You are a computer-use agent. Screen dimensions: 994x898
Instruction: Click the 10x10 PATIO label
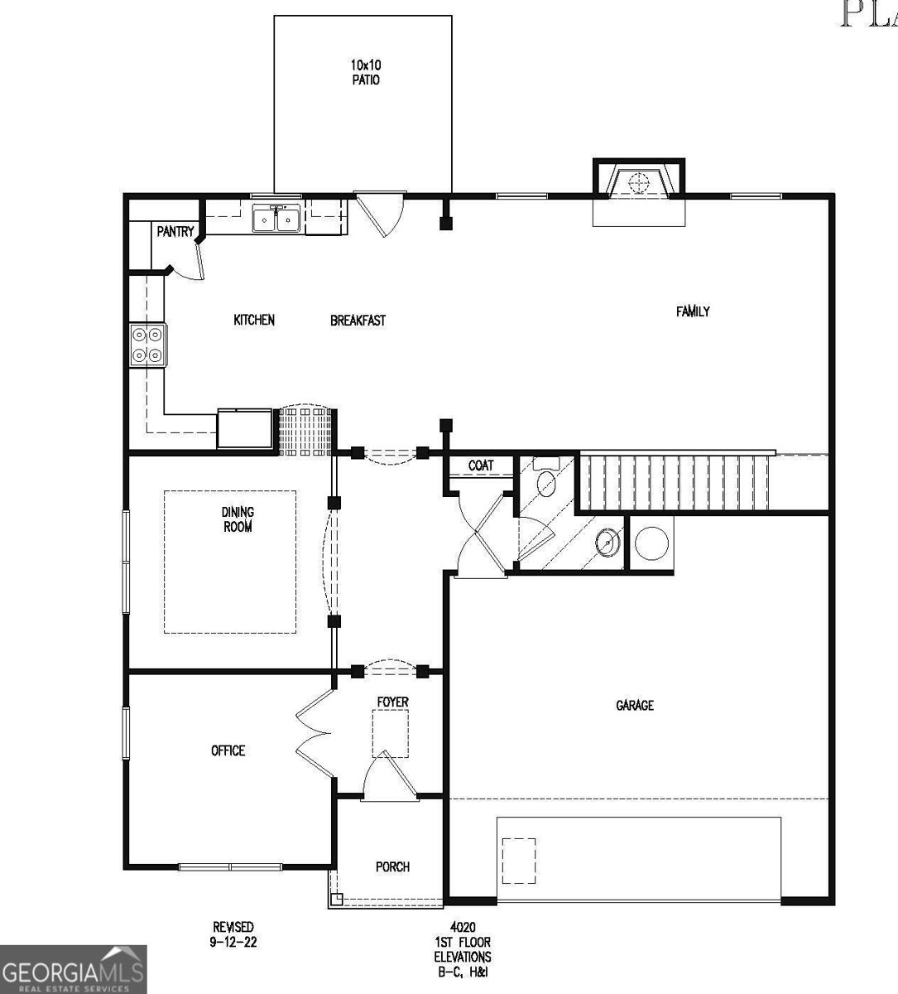tap(364, 72)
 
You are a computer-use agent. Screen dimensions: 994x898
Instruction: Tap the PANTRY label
tap(175, 232)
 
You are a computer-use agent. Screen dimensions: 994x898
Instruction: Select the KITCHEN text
tap(253, 320)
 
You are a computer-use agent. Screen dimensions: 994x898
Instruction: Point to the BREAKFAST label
tap(358, 321)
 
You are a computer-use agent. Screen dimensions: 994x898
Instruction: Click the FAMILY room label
tap(693, 311)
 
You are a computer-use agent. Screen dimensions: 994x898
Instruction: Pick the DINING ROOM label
tap(238, 519)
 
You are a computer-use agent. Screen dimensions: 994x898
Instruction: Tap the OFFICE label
tap(228, 750)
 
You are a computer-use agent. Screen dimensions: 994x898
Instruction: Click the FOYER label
tap(392, 702)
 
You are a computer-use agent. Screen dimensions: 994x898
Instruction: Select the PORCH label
tap(392, 866)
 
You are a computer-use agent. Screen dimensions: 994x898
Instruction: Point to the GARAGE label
tap(635, 705)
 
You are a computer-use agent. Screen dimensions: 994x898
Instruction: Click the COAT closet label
tap(481, 466)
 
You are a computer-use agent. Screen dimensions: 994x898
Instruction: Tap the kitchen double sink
tap(276, 220)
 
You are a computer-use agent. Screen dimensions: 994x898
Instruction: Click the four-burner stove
tap(147, 345)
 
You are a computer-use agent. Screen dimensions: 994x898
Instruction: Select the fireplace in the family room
tap(638, 182)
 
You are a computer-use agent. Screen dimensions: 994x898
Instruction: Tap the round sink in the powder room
tap(608, 543)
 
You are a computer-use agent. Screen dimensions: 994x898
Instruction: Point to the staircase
tap(677, 482)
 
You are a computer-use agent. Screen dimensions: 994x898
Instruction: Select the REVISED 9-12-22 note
tap(232, 934)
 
